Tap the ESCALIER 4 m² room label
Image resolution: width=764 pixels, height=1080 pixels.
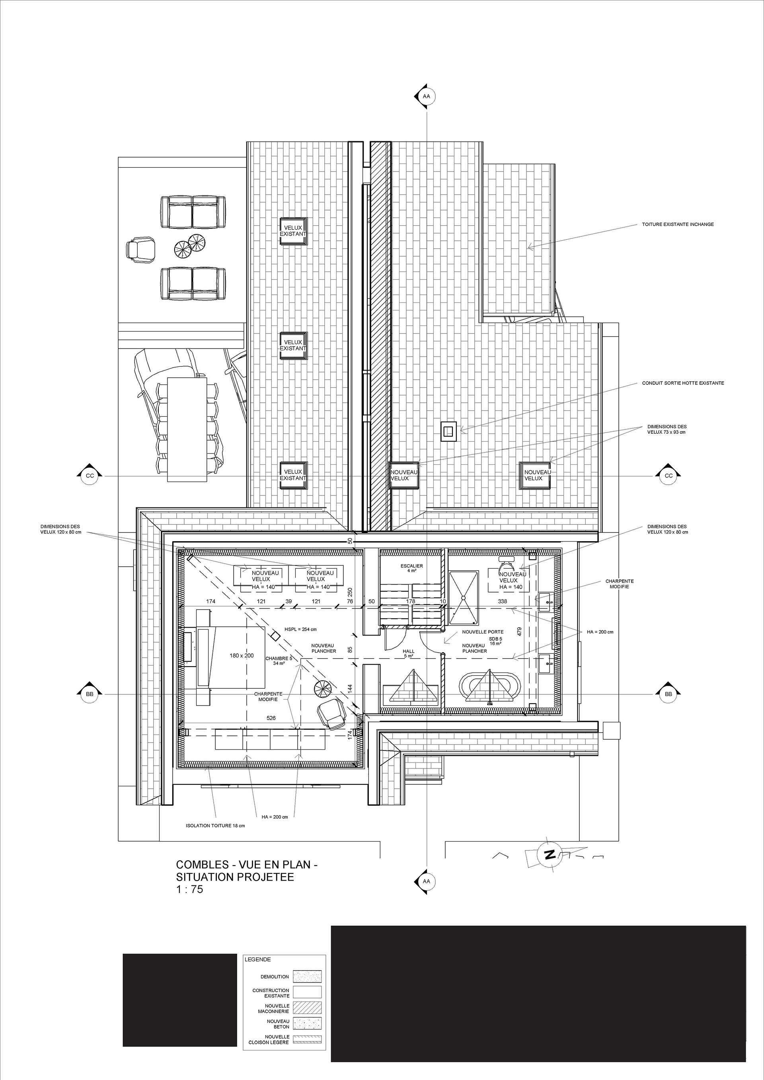point(411,568)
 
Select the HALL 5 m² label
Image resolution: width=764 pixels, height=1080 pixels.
point(408,653)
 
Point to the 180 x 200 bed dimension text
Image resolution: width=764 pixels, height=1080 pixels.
point(242,656)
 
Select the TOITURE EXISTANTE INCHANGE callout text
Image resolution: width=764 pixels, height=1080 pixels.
point(678,224)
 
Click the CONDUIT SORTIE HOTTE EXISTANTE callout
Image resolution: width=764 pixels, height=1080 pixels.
point(683,383)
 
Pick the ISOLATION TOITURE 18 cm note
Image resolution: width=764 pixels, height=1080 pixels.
point(215,826)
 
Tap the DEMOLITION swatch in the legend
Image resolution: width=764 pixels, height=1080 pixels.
point(307,977)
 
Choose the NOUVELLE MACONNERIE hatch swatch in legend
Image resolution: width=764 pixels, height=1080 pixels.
point(307,1008)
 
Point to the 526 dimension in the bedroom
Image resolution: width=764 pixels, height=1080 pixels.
point(271,718)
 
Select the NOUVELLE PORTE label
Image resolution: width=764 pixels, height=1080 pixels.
point(483,632)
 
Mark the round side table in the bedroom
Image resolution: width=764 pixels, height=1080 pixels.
point(323,690)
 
